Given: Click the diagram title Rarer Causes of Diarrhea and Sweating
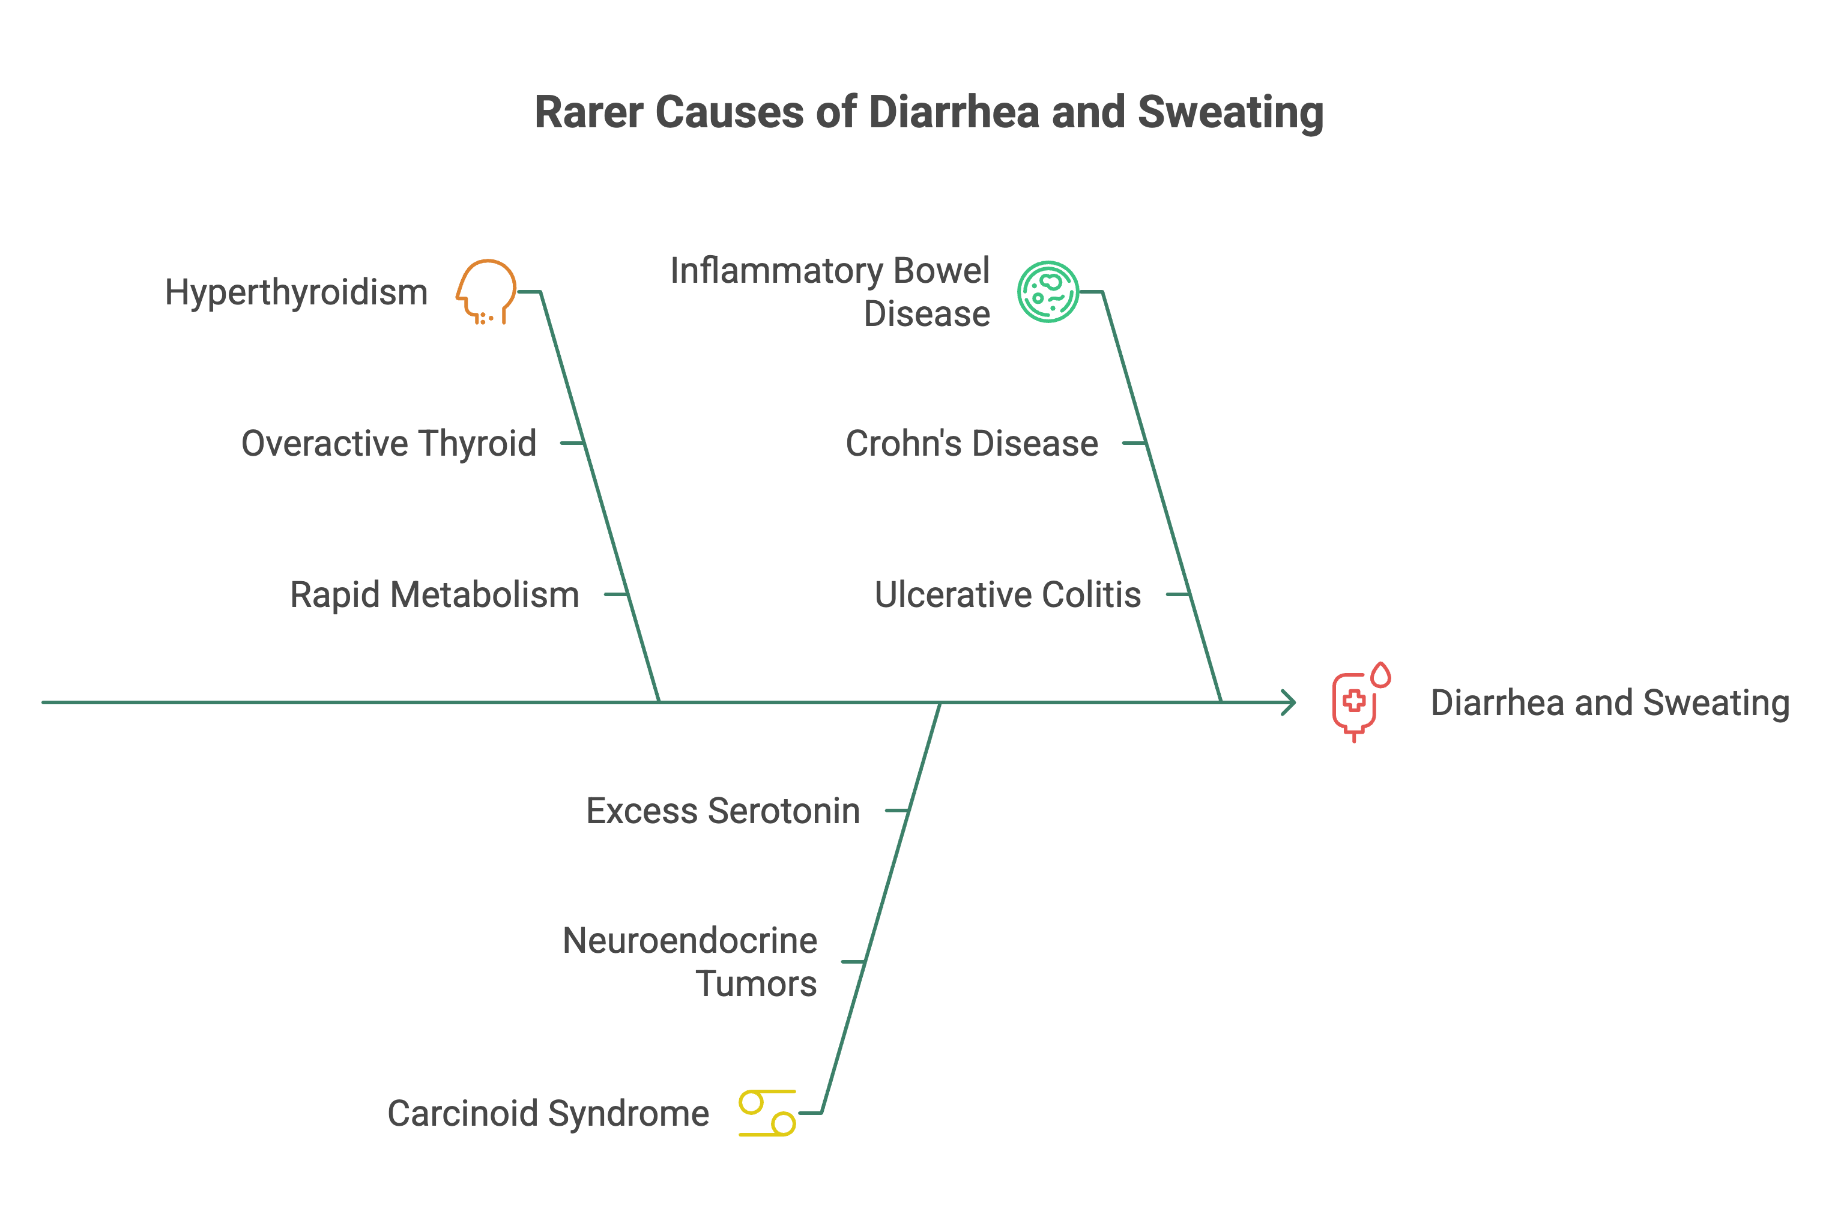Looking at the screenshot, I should (x=929, y=112).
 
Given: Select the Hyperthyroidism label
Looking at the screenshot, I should (x=296, y=292).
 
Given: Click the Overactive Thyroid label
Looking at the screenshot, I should (x=389, y=443).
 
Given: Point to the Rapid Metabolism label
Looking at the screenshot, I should (x=435, y=595).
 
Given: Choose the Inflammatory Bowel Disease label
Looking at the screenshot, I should (x=830, y=292).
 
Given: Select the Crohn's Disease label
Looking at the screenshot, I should (x=972, y=443).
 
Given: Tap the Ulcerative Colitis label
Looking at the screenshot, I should (x=1008, y=595).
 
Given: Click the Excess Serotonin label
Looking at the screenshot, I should (x=723, y=811).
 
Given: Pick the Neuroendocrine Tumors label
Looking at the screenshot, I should (x=690, y=962).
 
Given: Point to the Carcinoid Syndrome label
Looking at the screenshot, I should (x=548, y=1113).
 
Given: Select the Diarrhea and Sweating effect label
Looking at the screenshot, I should (x=1610, y=702).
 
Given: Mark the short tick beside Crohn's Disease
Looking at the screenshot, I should (x=1134, y=443).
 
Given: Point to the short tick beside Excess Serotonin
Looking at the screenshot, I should (x=896, y=811).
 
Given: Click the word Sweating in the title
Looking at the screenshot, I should (x=1230, y=112).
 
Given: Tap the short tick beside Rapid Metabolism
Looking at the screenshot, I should (x=615, y=595).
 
